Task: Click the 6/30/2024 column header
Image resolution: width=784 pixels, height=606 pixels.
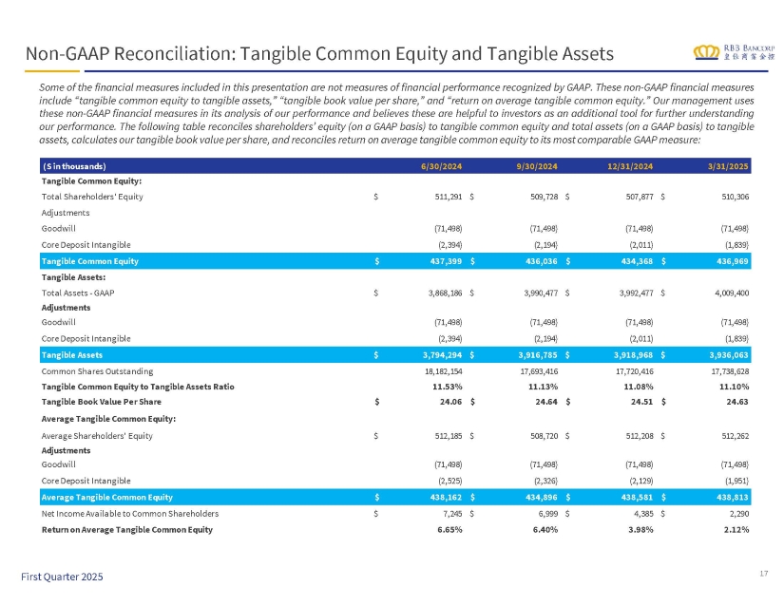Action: tap(442, 167)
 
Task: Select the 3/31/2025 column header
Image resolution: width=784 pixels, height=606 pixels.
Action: tap(730, 167)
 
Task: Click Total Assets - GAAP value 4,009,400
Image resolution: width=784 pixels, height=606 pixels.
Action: tap(725, 293)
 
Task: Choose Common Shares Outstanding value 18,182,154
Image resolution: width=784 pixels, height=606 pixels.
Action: tap(437, 370)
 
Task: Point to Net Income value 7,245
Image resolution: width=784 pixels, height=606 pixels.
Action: tap(449, 513)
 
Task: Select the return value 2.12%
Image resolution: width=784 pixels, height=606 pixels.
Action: tap(735, 528)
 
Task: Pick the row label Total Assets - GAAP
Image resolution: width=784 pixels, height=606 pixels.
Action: tap(78, 293)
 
